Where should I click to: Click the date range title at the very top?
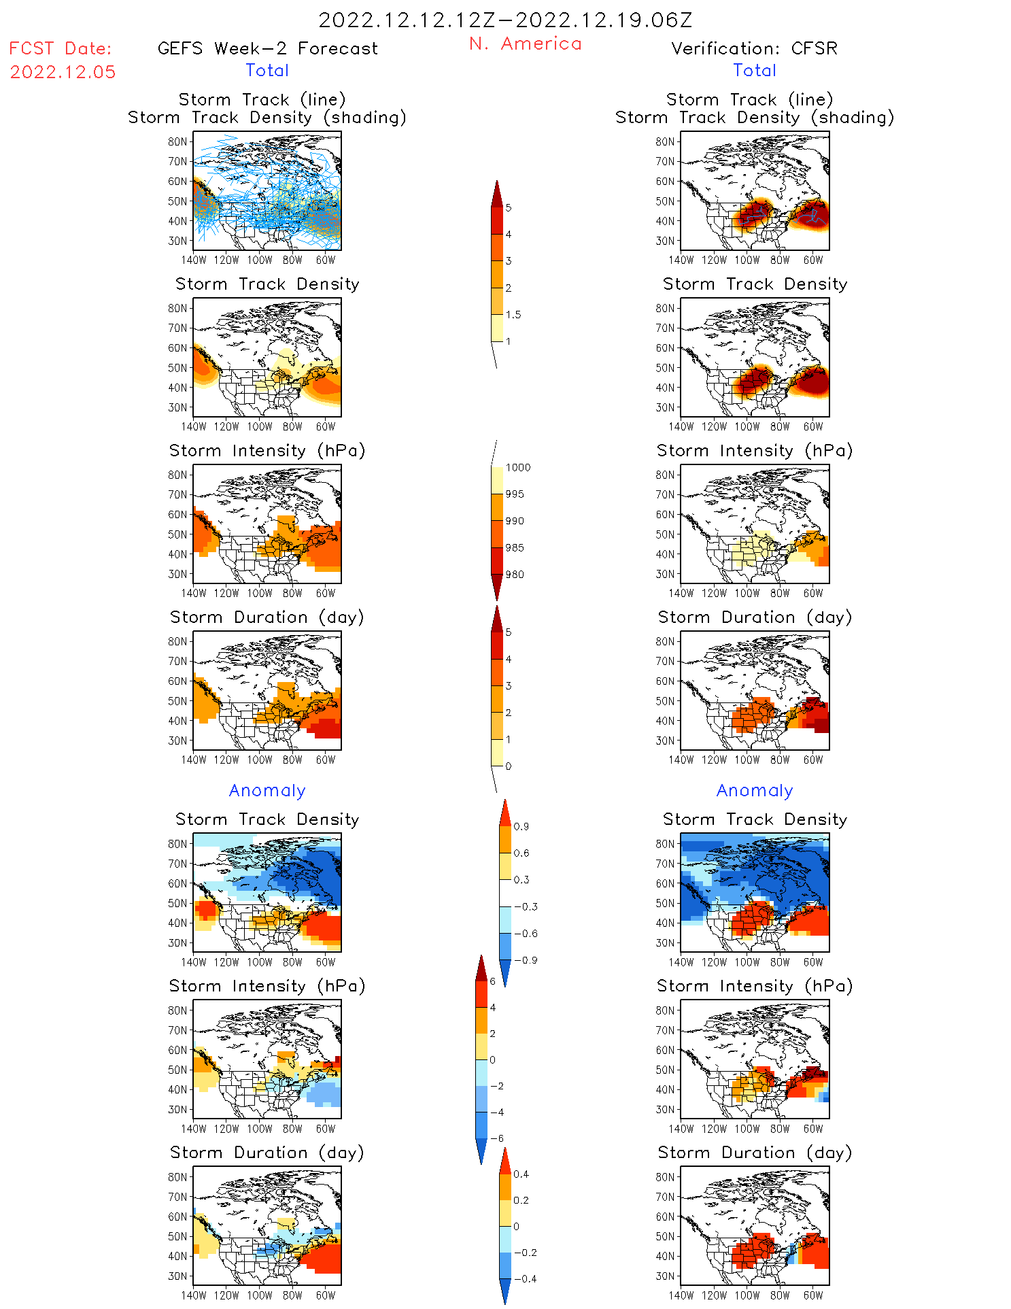point(505,20)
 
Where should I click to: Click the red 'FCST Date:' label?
point(61,48)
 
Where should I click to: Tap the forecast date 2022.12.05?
point(63,72)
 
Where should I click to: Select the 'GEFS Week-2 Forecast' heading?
point(267,48)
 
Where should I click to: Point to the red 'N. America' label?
point(525,44)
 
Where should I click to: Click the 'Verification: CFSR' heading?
point(754,48)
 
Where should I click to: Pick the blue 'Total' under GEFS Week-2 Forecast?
point(267,70)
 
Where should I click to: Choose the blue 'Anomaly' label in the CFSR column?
point(755,790)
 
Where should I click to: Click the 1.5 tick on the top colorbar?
point(513,314)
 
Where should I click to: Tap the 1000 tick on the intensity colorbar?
point(517,467)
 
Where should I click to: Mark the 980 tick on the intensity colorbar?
point(515,574)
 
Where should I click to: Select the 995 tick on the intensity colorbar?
point(515,494)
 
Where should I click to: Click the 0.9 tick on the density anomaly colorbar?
point(521,826)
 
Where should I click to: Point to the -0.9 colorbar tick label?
point(526,960)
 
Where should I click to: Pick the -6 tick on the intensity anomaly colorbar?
point(497,1138)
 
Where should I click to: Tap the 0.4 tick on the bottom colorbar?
point(521,1174)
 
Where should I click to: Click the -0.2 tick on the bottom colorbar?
point(525,1252)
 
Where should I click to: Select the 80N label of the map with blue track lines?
point(177,141)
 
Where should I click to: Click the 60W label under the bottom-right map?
point(813,1295)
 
